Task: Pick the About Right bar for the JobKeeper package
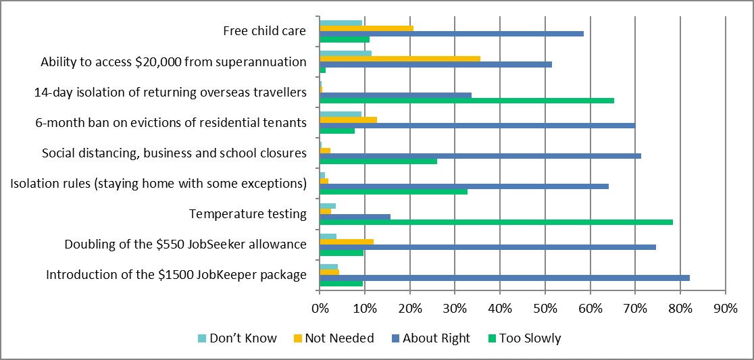point(504,278)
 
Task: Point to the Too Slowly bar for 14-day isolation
point(466,101)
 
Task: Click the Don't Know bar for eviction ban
point(341,114)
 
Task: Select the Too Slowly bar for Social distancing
point(378,161)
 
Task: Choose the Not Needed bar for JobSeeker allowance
point(347,241)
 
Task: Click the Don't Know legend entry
point(236,338)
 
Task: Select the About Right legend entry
point(430,338)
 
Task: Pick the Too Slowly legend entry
point(523,338)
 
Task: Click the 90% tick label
point(725,309)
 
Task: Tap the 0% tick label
point(320,309)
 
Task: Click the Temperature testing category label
point(248,214)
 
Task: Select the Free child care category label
point(265,30)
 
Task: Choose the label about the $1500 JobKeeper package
point(176,274)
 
